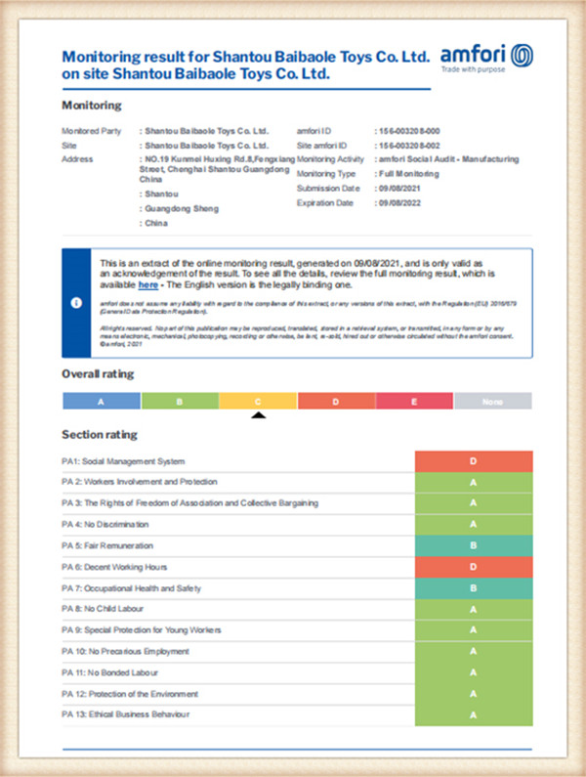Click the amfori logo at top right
click(x=485, y=57)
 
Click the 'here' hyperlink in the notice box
click(x=147, y=284)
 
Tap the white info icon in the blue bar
click(x=76, y=303)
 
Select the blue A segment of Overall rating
click(x=102, y=401)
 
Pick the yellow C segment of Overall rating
click(x=258, y=401)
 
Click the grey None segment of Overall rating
click(x=492, y=401)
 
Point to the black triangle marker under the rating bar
click(x=258, y=415)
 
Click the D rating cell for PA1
click(x=474, y=461)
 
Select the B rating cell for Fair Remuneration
click(x=474, y=545)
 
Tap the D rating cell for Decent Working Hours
click(x=474, y=567)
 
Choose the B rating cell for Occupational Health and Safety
click(x=474, y=588)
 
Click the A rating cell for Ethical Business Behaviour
click(x=474, y=715)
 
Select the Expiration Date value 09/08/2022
click(x=400, y=202)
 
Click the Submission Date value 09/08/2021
click(x=400, y=188)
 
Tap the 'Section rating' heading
click(x=100, y=434)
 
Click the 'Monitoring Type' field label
click(x=328, y=173)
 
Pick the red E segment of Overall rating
click(x=414, y=401)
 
